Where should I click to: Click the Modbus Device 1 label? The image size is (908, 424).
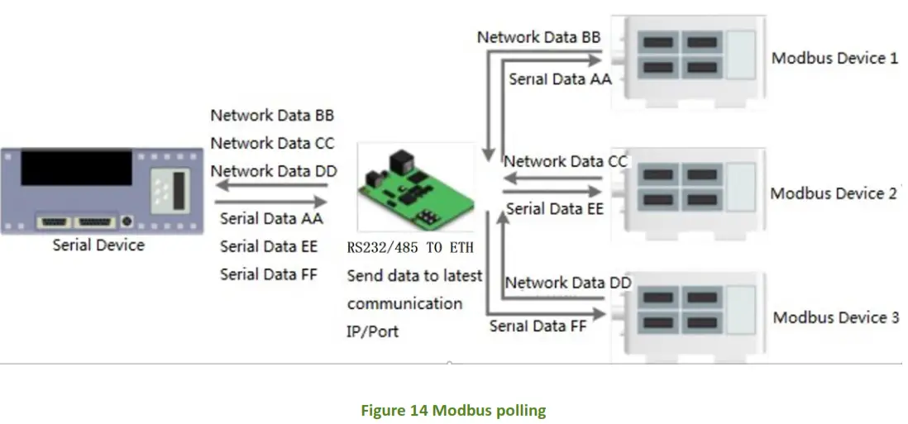834,59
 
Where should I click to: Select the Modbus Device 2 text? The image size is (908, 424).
834,193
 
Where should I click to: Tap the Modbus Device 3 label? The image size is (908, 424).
835,317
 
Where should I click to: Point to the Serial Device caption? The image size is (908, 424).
98,245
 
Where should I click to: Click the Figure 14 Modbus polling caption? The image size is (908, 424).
452,410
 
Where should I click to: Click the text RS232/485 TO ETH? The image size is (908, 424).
411,247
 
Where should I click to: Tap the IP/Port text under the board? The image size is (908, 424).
372,331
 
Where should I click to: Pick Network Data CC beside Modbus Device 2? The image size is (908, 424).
566,162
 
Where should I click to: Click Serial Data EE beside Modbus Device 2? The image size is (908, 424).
554,209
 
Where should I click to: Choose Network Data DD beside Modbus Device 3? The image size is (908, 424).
567,283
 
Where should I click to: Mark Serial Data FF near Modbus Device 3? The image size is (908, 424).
538,326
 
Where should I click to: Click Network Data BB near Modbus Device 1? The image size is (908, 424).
538,37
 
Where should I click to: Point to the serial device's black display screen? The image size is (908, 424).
76,168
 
